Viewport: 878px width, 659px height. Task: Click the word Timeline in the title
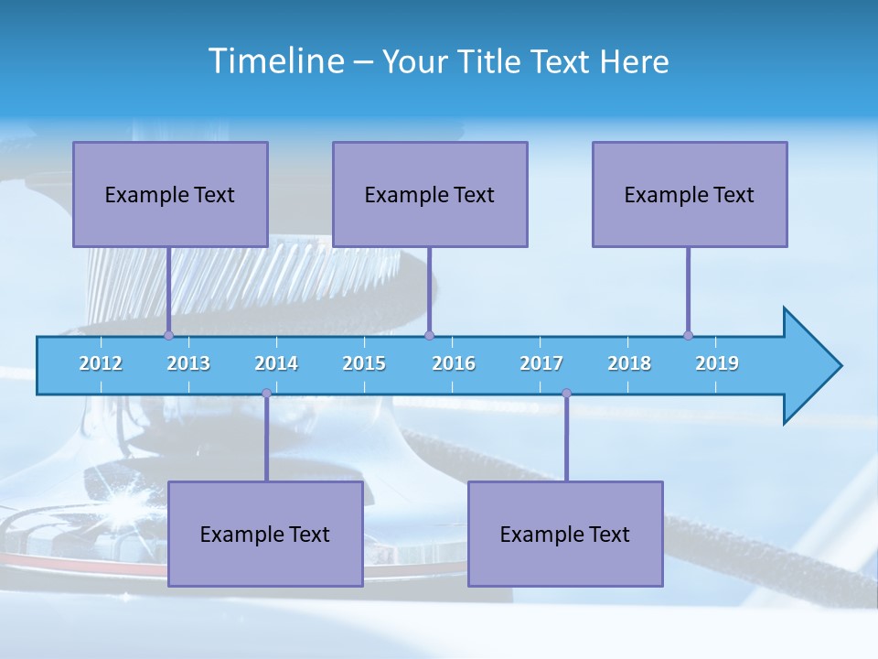[x=275, y=61]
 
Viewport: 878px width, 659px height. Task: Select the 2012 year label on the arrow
[x=101, y=363]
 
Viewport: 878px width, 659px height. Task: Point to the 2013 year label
[x=188, y=363]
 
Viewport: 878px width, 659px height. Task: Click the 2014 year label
[x=276, y=363]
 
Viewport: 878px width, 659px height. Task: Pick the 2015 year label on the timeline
[x=364, y=363]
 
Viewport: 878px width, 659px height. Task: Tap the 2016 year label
[x=454, y=363]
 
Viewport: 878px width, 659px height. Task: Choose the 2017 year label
[x=541, y=363]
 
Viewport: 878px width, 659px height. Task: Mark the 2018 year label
[x=629, y=363]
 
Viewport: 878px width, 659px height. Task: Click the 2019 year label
[x=717, y=363]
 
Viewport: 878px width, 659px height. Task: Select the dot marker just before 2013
[x=168, y=335]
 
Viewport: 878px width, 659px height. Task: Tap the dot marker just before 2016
[x=429, y=335]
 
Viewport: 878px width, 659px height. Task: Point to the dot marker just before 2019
[x=688, y=335]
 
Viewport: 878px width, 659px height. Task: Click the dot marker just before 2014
[x=266, y=394]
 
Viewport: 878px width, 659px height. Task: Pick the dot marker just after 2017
[x=566, y=394]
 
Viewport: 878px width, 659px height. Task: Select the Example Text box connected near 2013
[x=170, y=195]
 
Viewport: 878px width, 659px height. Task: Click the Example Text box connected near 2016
[x=430, y=195]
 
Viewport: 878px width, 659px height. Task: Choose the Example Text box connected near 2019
[x=690, y=195]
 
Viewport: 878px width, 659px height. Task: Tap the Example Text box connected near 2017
[x=565, y=535]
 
